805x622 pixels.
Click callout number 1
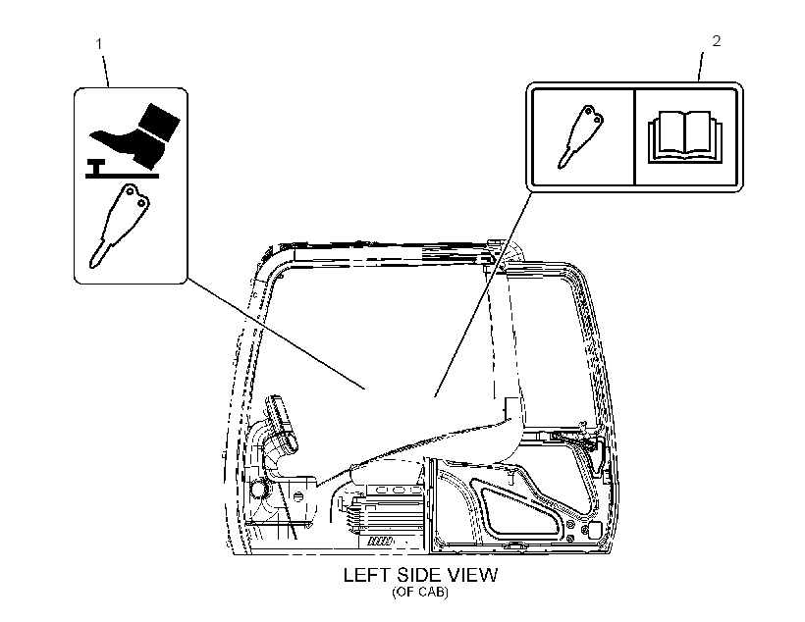tap(99, 45)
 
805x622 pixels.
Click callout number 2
tap(717, 41)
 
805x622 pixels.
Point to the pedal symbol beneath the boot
tap(122, 170)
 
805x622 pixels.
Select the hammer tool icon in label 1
tap(119, 226)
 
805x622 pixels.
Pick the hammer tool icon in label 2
tap(580, 137)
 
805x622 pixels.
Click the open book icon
tap(685, 136)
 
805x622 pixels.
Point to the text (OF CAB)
tap(420, 592)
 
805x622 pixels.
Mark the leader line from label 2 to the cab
tap(482, 294)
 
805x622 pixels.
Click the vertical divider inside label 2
tap(635, 137)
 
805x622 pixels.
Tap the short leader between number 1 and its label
tap(105, 71)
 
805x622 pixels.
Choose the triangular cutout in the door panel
tap(518, 509)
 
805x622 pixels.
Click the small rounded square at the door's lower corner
tap(595, 530)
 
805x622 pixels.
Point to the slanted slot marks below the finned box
tap(381, 541)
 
